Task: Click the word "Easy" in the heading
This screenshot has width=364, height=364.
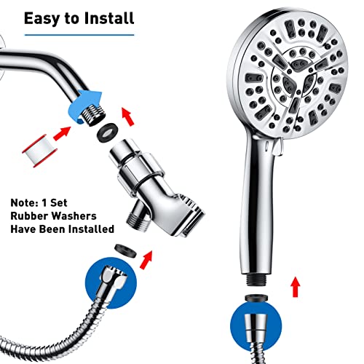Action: click(x=42, y=18)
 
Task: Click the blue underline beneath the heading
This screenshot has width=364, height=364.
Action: click(x=79, y=35)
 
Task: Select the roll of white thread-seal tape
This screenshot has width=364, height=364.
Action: click(x=40, y=151)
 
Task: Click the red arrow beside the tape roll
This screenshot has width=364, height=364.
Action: click(x=62, y=134)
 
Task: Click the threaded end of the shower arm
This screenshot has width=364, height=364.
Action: click(x=93, y=115)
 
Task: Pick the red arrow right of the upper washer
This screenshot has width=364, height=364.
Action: click(x=128, y=116)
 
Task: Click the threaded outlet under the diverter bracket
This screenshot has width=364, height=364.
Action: click(x=138, y=220)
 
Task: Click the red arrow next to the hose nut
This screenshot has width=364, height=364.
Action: click(x=146, y=260)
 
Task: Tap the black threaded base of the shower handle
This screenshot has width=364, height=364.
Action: click(x=257, y=280)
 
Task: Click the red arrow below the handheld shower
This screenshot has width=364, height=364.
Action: click(x=296, y=286)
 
